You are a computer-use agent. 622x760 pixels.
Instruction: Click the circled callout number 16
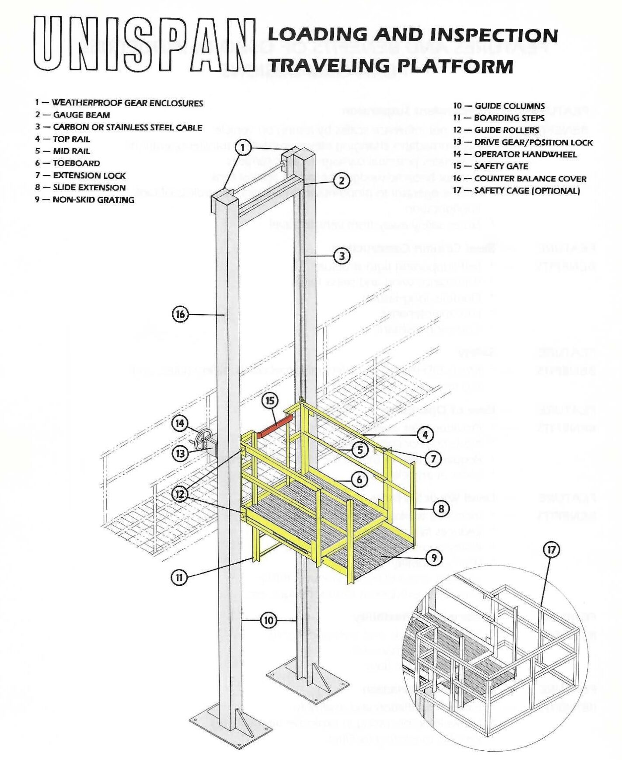click(x=180, y=314)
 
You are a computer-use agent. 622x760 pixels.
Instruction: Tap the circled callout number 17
click(x=551, y=549)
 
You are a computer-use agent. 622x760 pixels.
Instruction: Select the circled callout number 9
click(x=433, y=558)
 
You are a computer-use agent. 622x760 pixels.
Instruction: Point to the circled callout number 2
click(x=342, y=180)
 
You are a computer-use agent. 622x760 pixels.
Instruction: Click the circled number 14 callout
click(x=180, y=423)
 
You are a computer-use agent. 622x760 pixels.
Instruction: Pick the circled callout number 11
click(x=179, y=577)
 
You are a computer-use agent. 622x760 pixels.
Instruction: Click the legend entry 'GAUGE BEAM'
click(x=81, y=115)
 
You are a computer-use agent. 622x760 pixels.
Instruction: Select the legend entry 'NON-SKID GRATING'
click(x=93, y=200)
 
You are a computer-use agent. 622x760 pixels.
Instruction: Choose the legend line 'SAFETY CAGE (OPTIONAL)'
click(x=527, y=191)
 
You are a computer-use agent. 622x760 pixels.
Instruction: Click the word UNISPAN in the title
click(x=144, y=44)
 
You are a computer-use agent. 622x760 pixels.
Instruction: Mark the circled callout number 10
click(x=269, y=620)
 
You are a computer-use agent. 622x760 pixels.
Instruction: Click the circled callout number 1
click(x=243, y=147)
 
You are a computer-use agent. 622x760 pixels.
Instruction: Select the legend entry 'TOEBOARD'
click(x=76, y=163)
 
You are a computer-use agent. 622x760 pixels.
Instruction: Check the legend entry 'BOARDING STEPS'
click(x=509, y=118)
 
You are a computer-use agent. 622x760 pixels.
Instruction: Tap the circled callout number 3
click(x=342, y=256)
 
